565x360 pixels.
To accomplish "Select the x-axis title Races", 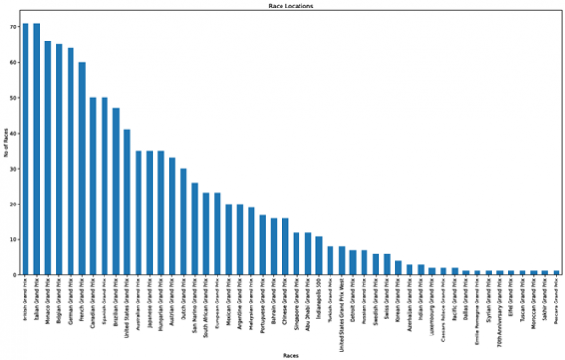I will [x=289, y=355].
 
